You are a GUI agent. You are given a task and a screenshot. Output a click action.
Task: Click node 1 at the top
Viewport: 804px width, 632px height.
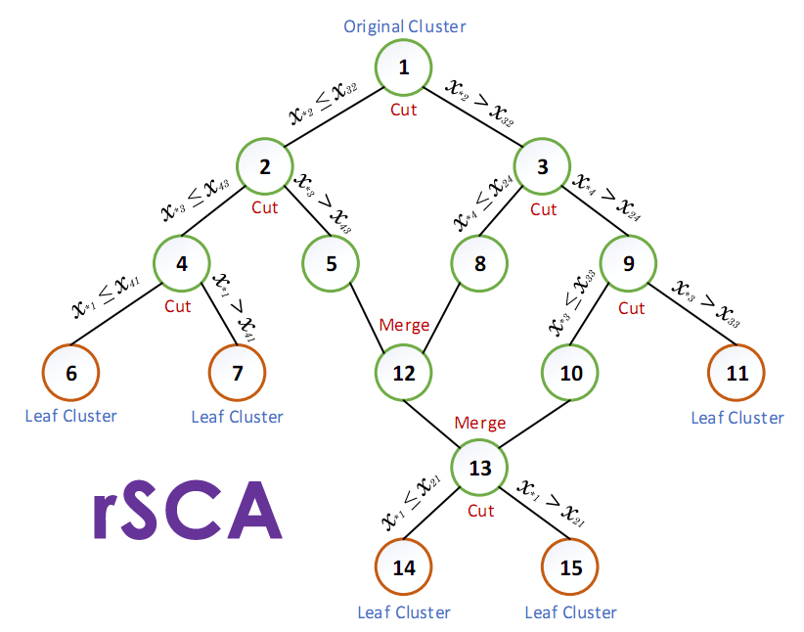click(x=403, y=67)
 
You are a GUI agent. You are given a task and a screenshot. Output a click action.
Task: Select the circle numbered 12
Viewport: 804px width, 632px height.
click(x=404, y=373)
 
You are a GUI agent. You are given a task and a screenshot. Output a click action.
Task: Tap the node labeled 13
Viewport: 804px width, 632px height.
click(x=479, y=468)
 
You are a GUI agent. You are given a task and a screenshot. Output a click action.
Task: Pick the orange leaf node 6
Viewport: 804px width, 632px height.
click(x=71, y=373)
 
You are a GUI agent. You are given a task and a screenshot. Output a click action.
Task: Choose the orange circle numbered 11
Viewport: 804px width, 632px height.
click(x=737, y=373)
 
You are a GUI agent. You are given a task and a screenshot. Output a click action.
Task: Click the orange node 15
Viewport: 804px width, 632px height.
click(x=570, y=567)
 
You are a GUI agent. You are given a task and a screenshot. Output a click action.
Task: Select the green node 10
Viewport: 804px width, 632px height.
click(x=571, y=373)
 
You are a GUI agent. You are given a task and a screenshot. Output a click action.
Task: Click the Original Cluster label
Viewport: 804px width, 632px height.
click(x=405, y=25)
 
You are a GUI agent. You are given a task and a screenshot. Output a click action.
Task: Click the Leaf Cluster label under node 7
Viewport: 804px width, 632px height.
click(x=237, y=417)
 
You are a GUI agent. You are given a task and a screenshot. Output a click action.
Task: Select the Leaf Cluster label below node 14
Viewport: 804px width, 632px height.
click(x=404, y=612)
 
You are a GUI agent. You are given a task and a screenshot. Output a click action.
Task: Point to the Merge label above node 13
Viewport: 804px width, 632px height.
click(x=479, y=423)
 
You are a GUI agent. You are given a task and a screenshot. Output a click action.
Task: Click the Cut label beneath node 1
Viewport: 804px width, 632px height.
click(x=403, y=110)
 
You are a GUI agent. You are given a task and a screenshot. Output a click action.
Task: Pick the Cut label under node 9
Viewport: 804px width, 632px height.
click(x=631, y=308)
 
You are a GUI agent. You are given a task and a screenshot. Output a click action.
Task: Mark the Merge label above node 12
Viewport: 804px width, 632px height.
click(x=403, y=325)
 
